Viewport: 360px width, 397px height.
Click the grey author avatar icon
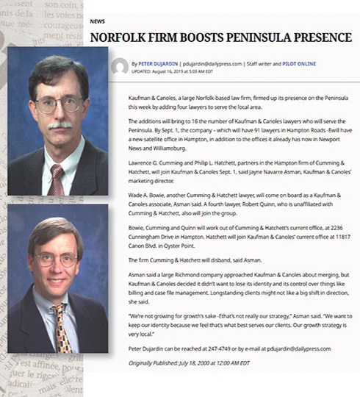pyautogui.click(x=118, y=66)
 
